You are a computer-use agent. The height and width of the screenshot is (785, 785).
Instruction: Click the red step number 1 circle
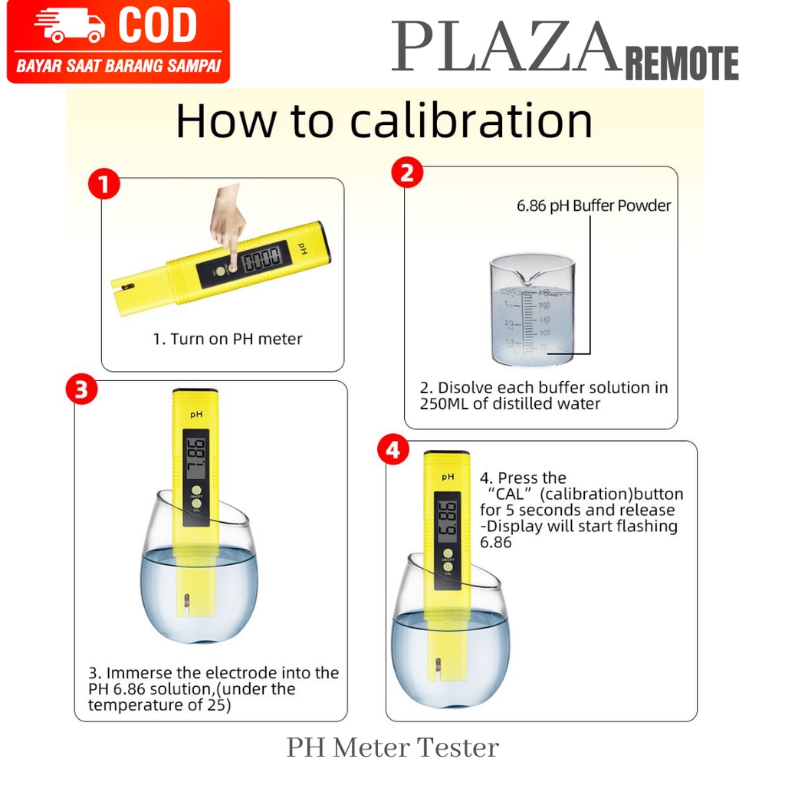click(x=104, y=183)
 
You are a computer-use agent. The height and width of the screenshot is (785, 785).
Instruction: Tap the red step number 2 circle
click(x=407, y=172)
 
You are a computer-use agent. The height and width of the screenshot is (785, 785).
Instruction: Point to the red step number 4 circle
click(x=393, y=449)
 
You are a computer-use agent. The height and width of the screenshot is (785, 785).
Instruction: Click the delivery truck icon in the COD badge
click(x=68, y=25)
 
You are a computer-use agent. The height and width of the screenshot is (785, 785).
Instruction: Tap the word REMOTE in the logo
click(x=682, y=63)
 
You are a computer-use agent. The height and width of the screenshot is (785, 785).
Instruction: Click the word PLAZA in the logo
click(x=506, y=47)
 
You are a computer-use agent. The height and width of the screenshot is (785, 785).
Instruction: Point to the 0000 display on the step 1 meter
click(x=262, y=259)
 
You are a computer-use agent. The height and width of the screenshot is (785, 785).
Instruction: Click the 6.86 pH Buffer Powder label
click(x=593, y=205)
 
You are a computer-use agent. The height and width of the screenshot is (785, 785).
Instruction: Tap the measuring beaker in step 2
click(x=532, y=310)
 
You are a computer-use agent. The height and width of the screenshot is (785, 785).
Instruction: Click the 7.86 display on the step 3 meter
click(x=195, y=455)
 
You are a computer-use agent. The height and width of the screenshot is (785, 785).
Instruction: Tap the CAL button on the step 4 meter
click(x=448, y=567)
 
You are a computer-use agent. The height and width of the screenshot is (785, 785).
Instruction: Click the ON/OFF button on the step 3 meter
click(x=196, y=490)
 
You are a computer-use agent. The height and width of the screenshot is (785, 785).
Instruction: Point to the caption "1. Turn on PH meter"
click(x=227, y=339)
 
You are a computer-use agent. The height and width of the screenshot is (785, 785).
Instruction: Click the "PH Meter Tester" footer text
click(x=392, y=747)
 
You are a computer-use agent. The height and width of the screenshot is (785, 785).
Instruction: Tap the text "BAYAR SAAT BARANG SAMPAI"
click(x=119, y=66)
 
